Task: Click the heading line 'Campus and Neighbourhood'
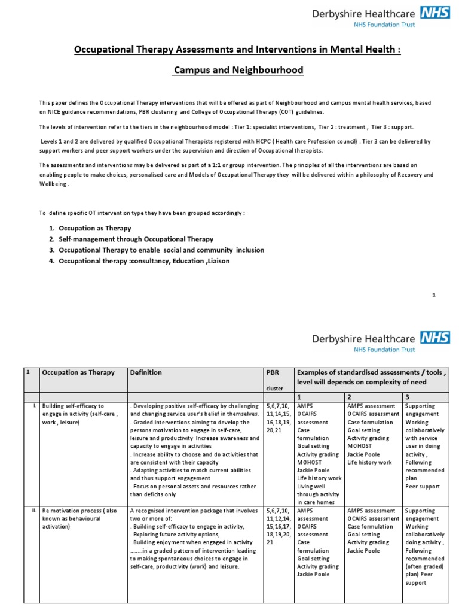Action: click(238, 71)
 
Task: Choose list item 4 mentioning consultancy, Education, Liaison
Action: click(143, 260)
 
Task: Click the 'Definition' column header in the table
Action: click(146, 372)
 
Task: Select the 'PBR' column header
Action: click(273, 372)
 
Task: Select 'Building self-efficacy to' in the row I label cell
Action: click(73, 406)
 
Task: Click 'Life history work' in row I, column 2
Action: click(369, 463)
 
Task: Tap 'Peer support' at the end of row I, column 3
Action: click(422, 487)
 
